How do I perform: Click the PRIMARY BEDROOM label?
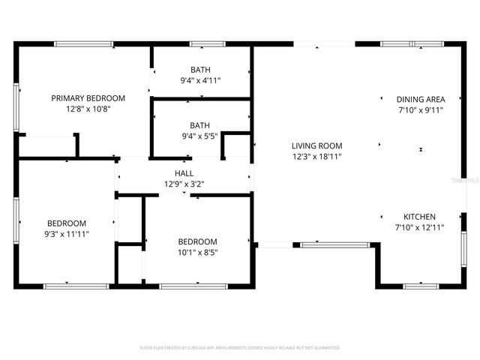tap(88, 98)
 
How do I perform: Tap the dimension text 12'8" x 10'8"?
tap(88, 109)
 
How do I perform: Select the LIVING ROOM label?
tap(316, 146)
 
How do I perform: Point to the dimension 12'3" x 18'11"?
tap(316, 157)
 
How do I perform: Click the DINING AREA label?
tap(421, 99)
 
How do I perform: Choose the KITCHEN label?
tap(419, 217)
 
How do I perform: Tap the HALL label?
tap(184, 173)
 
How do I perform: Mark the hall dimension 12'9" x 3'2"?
tap(184, 184)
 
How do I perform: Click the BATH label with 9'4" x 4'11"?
tap(199, 70)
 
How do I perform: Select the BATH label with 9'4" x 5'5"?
tap(199, 125)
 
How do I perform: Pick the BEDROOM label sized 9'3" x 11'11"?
tap(67, 223)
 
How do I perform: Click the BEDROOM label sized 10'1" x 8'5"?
tap(197, 241)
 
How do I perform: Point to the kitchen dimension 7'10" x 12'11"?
tap(419, 227)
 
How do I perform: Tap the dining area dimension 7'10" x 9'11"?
tap(421, 109)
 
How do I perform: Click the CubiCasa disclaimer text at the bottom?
tap(240, 348)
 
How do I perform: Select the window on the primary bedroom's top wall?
tap(84, 44)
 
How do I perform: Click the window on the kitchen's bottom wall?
tap(421, 286)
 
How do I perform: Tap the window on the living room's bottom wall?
tap(334, 244)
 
